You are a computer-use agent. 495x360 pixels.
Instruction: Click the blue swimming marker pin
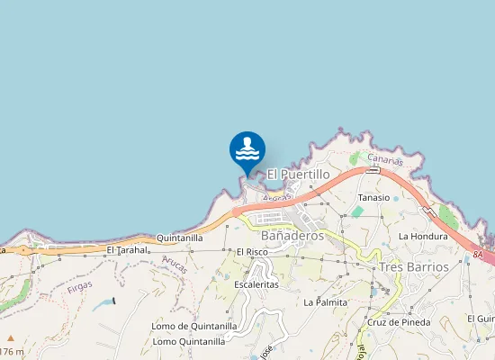point(247,150)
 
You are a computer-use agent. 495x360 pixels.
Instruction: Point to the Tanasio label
point(374,197)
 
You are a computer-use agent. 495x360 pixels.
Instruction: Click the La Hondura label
point(423,236)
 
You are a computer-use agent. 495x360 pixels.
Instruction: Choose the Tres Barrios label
point(414,266)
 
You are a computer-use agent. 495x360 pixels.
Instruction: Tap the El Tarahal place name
point(126,249)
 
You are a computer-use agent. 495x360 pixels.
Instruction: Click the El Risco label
point(253,252)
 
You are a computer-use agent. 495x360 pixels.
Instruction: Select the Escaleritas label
point(256,283)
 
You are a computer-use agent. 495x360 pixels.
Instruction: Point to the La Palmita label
point(326,301)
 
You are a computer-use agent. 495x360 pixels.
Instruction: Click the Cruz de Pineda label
point(399,321)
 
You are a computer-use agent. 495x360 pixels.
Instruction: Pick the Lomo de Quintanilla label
point(194,326)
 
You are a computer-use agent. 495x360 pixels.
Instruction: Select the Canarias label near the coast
point(386,160)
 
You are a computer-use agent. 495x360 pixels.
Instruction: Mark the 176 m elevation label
point(12,351)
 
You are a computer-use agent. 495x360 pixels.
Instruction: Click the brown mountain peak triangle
point(11,338)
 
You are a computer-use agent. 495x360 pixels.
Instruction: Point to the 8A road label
point(477,256)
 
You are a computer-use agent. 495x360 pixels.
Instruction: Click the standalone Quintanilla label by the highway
point(180,238)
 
